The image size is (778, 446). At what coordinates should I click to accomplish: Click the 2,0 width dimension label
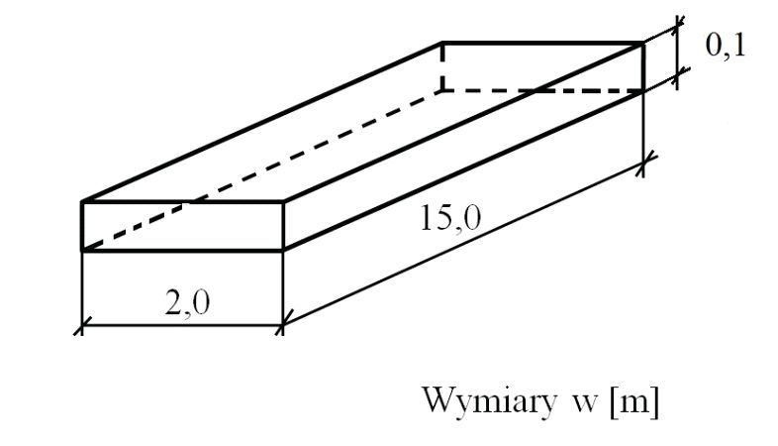tap(187, 303)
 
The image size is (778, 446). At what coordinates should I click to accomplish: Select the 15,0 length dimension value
tap(450, 218)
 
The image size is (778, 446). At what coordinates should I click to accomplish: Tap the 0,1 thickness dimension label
tap(726, 47)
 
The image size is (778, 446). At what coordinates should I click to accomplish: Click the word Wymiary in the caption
tap(489, 401)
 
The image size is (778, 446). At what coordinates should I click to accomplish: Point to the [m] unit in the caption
tap(635, 401)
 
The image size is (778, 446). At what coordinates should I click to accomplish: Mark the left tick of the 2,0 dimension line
tap(81, 326)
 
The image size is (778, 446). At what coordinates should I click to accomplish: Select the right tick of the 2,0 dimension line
tap(283, 326)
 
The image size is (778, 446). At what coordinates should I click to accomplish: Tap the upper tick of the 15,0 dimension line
tap(643, 163)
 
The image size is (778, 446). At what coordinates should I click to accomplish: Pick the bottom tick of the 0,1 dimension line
tap(677, 74)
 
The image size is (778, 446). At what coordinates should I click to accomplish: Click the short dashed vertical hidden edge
tap(442, 67)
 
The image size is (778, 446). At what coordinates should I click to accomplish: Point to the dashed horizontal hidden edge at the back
tap(542, 91)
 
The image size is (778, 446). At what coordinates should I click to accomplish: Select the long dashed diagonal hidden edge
tap(262, 170)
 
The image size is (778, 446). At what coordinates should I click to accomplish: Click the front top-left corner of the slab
tap(82, 201)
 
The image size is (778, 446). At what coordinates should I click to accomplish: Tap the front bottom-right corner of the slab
tap(283, 251)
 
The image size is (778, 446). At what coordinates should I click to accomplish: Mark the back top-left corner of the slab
tap(442, 44)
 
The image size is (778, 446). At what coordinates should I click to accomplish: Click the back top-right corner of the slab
tap(643, 44)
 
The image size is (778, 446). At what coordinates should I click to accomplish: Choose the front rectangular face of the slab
tap(182, 226)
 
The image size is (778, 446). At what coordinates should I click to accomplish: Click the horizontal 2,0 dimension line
tap(182, 326)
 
